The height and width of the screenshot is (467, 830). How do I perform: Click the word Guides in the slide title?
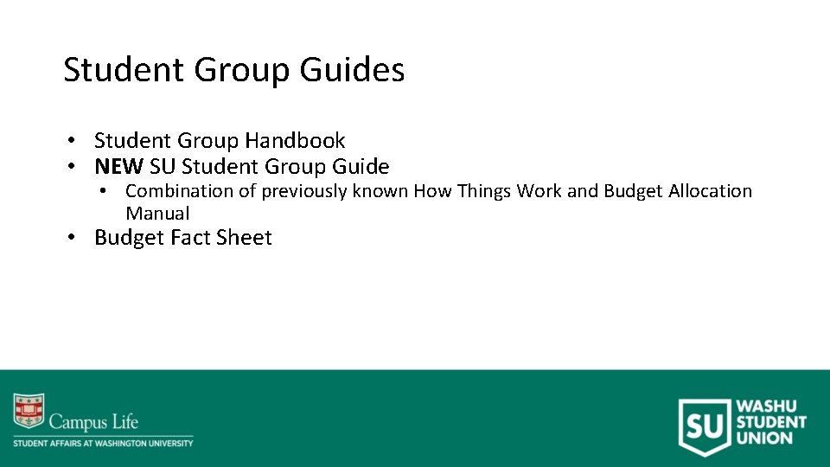[x=352, y=71]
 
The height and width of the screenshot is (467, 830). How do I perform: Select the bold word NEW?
[x=118, y=166]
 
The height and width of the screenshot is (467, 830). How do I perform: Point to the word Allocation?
[x=710, y=191]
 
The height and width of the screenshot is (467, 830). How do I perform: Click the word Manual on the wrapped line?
[x=157, y=213]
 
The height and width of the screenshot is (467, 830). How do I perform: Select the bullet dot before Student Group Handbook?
[x=76, y=141]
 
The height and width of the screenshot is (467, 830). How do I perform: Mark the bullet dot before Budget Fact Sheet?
[x=76, y=238]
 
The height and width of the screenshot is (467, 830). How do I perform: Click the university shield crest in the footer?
[x=28, y=412]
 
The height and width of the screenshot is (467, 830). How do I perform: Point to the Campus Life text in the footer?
[x=93, y=423]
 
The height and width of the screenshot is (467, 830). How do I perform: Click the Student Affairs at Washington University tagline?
[x=103, y=443]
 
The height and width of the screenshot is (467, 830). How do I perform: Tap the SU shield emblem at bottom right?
[x=703, y=425]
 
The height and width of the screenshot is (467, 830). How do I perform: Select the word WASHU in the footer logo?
[x=767, y=406]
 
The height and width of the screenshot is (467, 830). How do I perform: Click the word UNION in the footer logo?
[x=763, y=438]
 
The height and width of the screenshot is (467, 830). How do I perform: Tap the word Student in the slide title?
[x=124, y=71]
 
